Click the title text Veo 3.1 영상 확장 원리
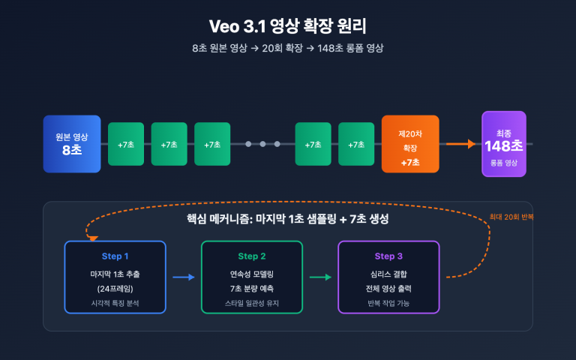(x=288, y=26)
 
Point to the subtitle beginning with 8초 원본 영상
(x=288, y=48)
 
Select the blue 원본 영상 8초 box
(x=72, y=144)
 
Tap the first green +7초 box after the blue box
(x=126, y=144)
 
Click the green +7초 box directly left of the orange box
(x=356, y=144)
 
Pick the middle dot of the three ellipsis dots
(x=262, y=144)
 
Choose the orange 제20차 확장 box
(x=410, y=144)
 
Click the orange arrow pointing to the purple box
(x=460, y=144)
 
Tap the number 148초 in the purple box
(x=503, y=146)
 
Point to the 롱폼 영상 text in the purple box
(x=503, y=163)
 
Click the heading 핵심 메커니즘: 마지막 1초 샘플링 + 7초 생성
(x=288, y=219)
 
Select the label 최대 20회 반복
(x=511, y=216)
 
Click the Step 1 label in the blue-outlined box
(x=115, y=256)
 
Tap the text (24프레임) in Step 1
(x=115, y=289)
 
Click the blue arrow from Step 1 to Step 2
(x=184, y=277)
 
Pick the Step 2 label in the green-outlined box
(x=252, y=256)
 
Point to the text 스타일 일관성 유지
(x=252, y=303)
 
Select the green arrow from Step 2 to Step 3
(x=320, y=277)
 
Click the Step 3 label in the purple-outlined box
(x=388, y=256)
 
